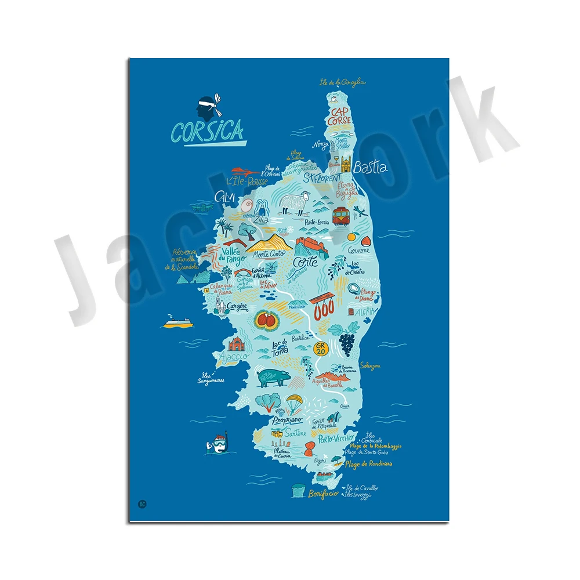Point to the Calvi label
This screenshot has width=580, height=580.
pyautogui.click(x=224, y=198)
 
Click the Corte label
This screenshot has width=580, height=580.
pyautogui.click(x=305, y=262)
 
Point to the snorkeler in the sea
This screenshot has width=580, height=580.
pyautogui.click(x=215, y=444)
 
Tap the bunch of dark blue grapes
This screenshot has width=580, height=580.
pyautogui.click(x=347, y=344)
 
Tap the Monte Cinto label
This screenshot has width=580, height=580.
pyautogui.click(x=271, y=255)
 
